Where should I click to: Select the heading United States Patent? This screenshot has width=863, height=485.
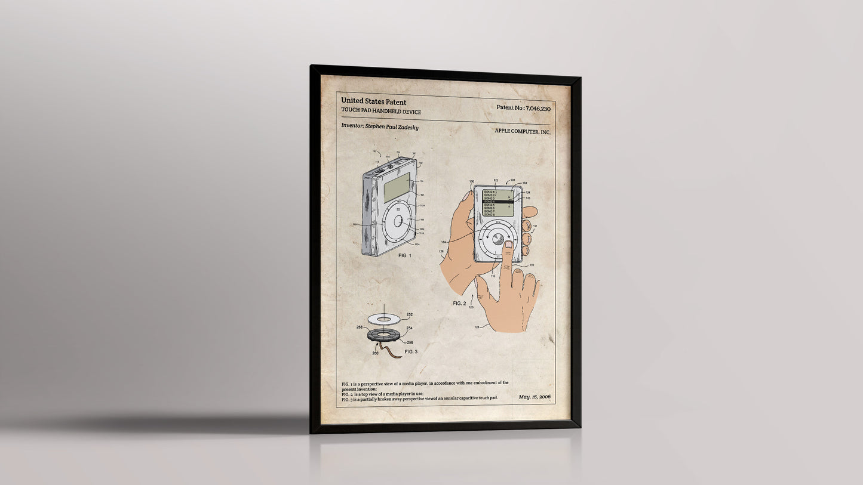coord(373,102)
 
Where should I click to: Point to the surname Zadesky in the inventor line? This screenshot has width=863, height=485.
coord(407,127)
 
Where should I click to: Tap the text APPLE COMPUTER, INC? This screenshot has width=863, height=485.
coord(523,132)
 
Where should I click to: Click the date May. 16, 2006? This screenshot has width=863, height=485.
coord(535,397)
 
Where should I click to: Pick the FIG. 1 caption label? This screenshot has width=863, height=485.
coord(404,255)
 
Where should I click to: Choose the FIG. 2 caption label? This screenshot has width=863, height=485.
coord(459,304)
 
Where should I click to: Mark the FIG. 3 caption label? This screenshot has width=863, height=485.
coord(411,352)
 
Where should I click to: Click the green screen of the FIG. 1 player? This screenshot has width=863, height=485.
coord(397,189)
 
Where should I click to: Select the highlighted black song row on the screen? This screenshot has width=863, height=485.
coord(497,202)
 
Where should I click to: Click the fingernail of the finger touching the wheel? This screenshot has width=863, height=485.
coord(509,245)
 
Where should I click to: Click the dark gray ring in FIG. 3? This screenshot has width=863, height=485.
coord(380,335)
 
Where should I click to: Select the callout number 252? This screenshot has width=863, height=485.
coord(409,314)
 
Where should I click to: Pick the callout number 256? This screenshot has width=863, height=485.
coord(410,343)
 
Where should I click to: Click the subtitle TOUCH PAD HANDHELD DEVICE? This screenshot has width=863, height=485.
coord(381,112)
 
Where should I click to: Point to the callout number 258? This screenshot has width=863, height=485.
coord(359,328)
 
